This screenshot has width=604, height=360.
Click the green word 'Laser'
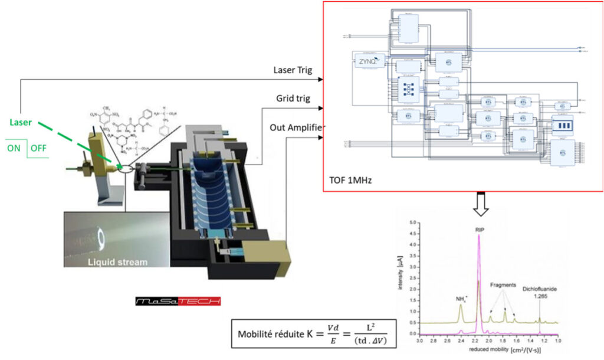21,122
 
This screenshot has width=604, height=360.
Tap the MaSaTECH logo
177,301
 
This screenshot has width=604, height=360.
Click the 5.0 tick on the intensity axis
414,222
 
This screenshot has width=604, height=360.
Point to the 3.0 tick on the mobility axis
420,341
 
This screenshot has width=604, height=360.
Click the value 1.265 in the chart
540,297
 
